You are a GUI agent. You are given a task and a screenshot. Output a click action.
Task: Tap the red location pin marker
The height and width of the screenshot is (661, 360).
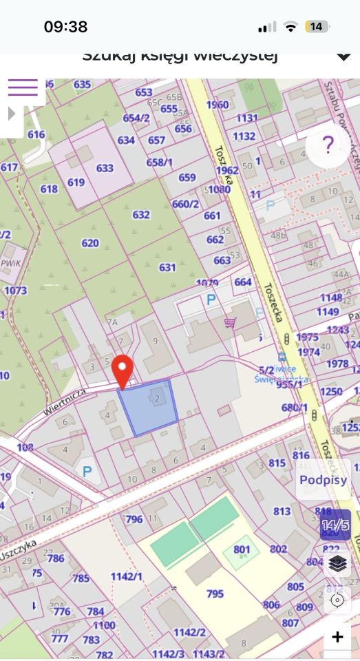pyautogui.click(x=123, y=370)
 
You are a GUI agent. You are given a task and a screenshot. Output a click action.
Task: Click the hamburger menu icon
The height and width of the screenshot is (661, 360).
pyautogui.click(x=23, y=87)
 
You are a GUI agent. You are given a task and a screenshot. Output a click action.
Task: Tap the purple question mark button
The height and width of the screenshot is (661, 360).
pyautogui.click(x=328, y=146)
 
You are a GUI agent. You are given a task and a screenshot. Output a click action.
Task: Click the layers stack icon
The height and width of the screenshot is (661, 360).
pyautogui.click(x=337, y=563)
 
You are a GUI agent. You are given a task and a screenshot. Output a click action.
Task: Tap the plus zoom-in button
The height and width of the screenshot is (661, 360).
pyautogui.click(x=337, y=637)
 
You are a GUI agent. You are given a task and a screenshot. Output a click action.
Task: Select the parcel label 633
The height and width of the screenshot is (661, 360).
pyautogui.click(x=105, y=168)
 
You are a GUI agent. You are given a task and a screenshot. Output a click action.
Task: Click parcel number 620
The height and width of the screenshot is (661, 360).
pyautogui.click(x=90, y=242)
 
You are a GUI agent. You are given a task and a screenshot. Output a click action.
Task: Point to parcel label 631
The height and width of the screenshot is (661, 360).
pyautogui.click(x=167, y=267)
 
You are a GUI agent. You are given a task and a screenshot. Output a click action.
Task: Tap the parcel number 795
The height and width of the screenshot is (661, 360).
pyautogui.click(x=215, y=594)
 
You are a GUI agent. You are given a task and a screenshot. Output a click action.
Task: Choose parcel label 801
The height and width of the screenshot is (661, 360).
pyautogui.click(x=241, y=549)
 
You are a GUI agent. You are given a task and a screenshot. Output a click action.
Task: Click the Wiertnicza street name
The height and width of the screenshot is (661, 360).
pyautogui.click(x=64, y=401)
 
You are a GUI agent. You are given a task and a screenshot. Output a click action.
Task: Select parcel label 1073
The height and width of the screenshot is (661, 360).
pyautogui.click(x=15, y=291)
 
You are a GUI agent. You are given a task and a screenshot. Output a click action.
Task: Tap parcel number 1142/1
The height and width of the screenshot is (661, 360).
pyautogui.click(x=127, y=576)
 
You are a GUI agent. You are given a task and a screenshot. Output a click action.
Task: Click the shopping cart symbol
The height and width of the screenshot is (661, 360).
pyautogui.click(x=230, y=323)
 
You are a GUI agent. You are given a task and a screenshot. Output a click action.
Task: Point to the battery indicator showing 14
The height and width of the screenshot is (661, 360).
pyautogui.click(x=316, y=27)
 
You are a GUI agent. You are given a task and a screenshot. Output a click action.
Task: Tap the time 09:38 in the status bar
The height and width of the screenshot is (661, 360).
pyautogui.click(x=65, y=27)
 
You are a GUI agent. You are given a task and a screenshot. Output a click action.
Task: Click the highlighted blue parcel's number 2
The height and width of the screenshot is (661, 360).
pyautogui.click(x=158, y=398)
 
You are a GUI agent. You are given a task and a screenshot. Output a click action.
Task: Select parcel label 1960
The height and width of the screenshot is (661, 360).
pyautogui.click(x=217, y=105)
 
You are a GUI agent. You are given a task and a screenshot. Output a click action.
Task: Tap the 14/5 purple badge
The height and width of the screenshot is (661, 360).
pyautogui.click(x=335, y=525)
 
